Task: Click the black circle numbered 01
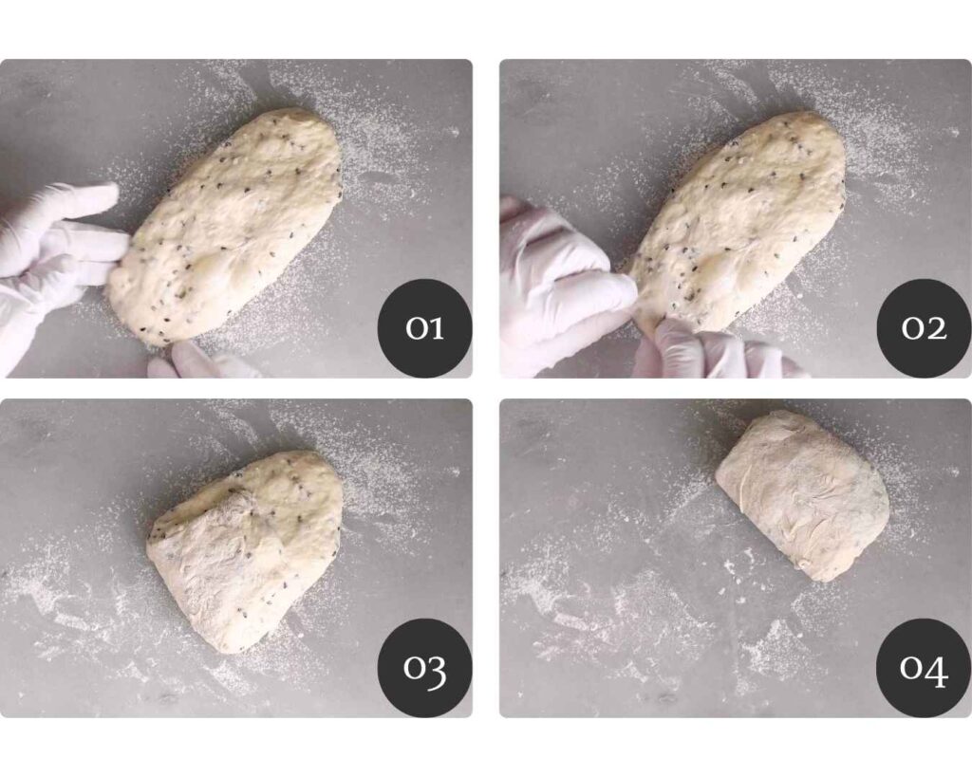coord(425,327)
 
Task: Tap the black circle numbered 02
coord(924,327)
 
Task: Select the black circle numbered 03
coord(425,667)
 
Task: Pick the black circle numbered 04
coord(924,667)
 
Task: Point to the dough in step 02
coord(738,223)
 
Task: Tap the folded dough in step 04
coord(803,495)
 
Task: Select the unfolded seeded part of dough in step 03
coord(291,502)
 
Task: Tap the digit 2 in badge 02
coord(936,327)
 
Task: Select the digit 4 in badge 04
coord(936,671)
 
